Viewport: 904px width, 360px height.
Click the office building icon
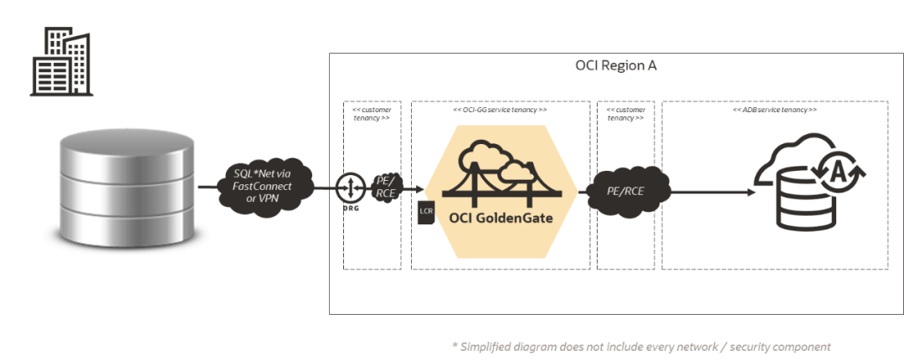60,64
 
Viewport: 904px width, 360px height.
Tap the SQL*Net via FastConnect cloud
261,185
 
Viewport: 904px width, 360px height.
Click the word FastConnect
261,185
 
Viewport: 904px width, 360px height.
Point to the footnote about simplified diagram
640,346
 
